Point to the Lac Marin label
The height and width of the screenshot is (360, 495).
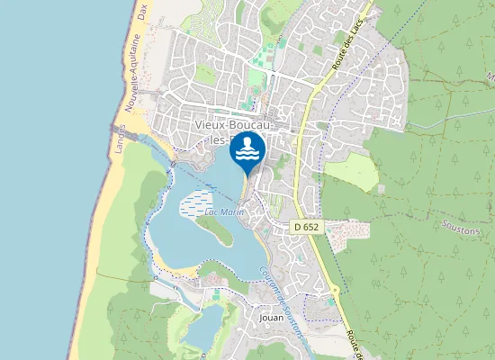pyautogui.click(x=225, y=211)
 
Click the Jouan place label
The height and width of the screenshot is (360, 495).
pyautogui.click(x=271, y=317)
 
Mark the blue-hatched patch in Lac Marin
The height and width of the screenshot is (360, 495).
pyautogui.click(x=198, y=204)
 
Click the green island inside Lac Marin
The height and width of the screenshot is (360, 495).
pyautogui.click(x=220, y=231)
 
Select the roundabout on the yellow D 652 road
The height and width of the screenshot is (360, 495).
pyautogui.click(x=335, y=290)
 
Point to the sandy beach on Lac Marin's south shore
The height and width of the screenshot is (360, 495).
pyautogui.click(x=180, y=269)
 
